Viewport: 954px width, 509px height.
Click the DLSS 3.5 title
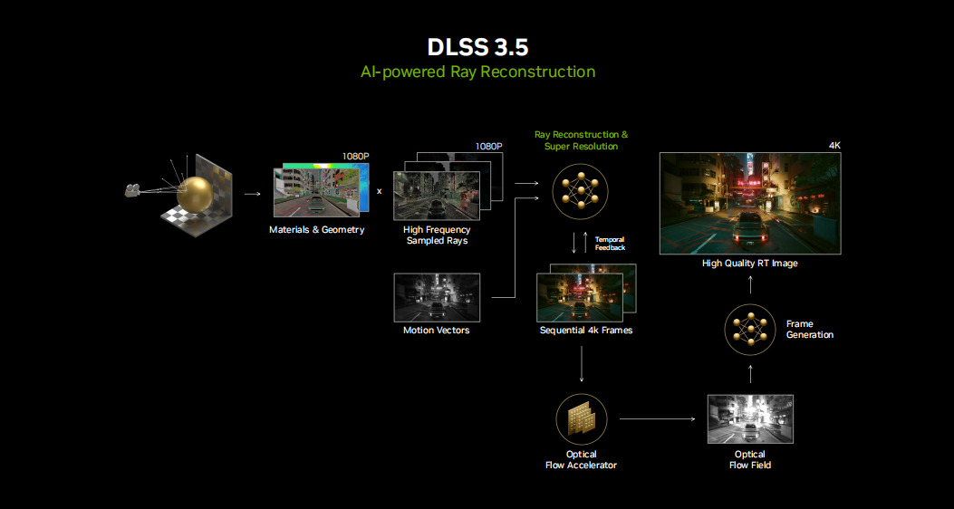tap(477, 47)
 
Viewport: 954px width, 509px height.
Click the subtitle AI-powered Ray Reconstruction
tap(477, 72)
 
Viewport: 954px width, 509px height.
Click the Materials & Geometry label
tap(316, 230)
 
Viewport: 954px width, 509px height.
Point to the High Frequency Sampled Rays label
tap(437, 235)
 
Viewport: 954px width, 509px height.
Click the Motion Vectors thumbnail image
tap(437, 297)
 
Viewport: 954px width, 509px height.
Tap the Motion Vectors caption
tap(437, 331)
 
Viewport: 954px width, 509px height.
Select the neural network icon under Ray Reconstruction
tap(580, 192)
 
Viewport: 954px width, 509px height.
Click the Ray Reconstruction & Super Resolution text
tap(581, 140)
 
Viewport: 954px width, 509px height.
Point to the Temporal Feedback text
tap(610, 244)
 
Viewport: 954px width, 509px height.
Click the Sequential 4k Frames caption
tap(586, 331)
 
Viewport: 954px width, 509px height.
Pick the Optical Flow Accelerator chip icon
tap(581, 418)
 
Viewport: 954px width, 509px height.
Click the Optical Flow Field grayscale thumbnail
tap(749, 418)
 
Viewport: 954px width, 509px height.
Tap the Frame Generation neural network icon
tap(750, 330)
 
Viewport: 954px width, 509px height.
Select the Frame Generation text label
tap(809, 330)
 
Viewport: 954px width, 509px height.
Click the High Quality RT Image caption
tap(750, 264)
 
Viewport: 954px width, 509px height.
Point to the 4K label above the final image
tap(834, 146)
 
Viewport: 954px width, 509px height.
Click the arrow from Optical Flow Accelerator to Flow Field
tap(657, 419)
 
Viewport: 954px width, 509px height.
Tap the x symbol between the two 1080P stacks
tap(379, 191)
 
